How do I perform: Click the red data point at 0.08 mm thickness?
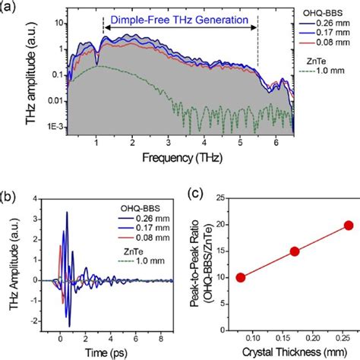click(241, 277)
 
